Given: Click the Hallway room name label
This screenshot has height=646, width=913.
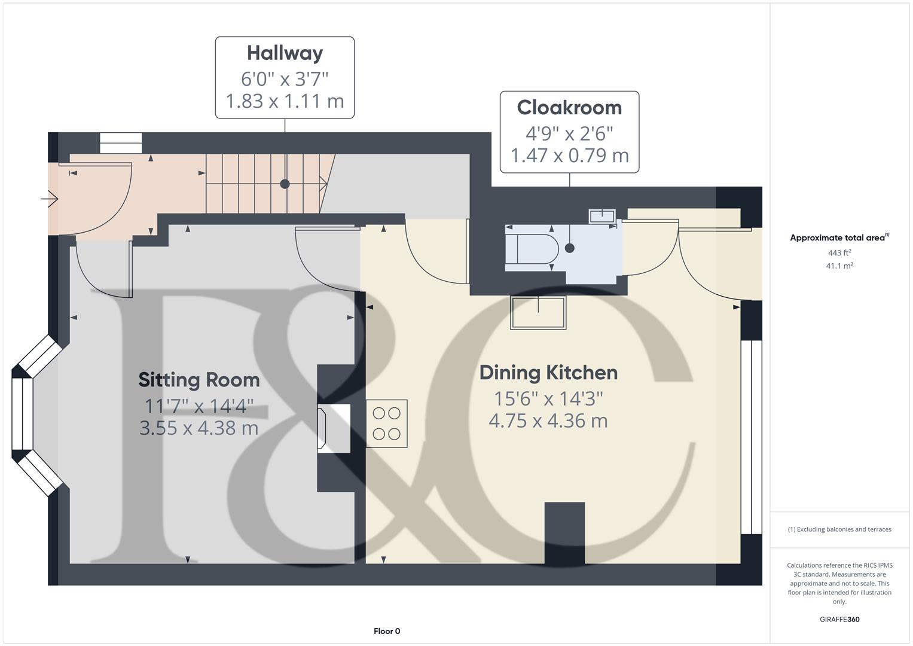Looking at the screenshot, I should click(285, 53).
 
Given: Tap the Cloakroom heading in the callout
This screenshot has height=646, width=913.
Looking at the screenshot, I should click(569, 108).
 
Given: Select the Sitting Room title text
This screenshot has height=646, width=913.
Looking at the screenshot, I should click(199, 380).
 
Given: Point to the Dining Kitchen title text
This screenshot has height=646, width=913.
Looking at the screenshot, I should click(548, 373).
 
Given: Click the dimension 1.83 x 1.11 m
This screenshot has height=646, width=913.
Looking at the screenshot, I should click(285, 101).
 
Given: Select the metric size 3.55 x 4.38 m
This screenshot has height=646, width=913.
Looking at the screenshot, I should click(199, 428).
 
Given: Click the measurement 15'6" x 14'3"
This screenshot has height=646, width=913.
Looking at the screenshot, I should click(548, 398).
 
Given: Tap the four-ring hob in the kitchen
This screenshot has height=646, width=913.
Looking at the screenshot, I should click(387, 423).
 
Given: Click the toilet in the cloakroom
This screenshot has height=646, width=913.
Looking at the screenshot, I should click(531, 249).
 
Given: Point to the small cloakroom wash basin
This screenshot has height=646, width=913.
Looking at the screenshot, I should click(602, 216).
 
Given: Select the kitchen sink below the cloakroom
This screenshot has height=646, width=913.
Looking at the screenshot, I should click(538, 313).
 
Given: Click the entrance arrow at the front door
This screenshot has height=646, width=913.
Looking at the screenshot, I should click(49, 198).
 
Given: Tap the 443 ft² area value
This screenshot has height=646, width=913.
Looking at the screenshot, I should click(839, 253).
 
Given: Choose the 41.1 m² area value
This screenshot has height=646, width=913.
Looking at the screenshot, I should click(839, 266).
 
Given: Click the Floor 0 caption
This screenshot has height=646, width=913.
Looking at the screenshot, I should click(387, 631).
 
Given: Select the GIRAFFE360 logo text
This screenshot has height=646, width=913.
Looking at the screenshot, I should click(839, 620).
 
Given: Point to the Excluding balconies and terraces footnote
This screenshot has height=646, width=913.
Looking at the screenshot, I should click(839, 529).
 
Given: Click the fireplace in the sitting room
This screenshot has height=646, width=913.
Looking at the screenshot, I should click(334, 428).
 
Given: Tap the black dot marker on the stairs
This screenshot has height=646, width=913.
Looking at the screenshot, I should click(285, 184).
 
